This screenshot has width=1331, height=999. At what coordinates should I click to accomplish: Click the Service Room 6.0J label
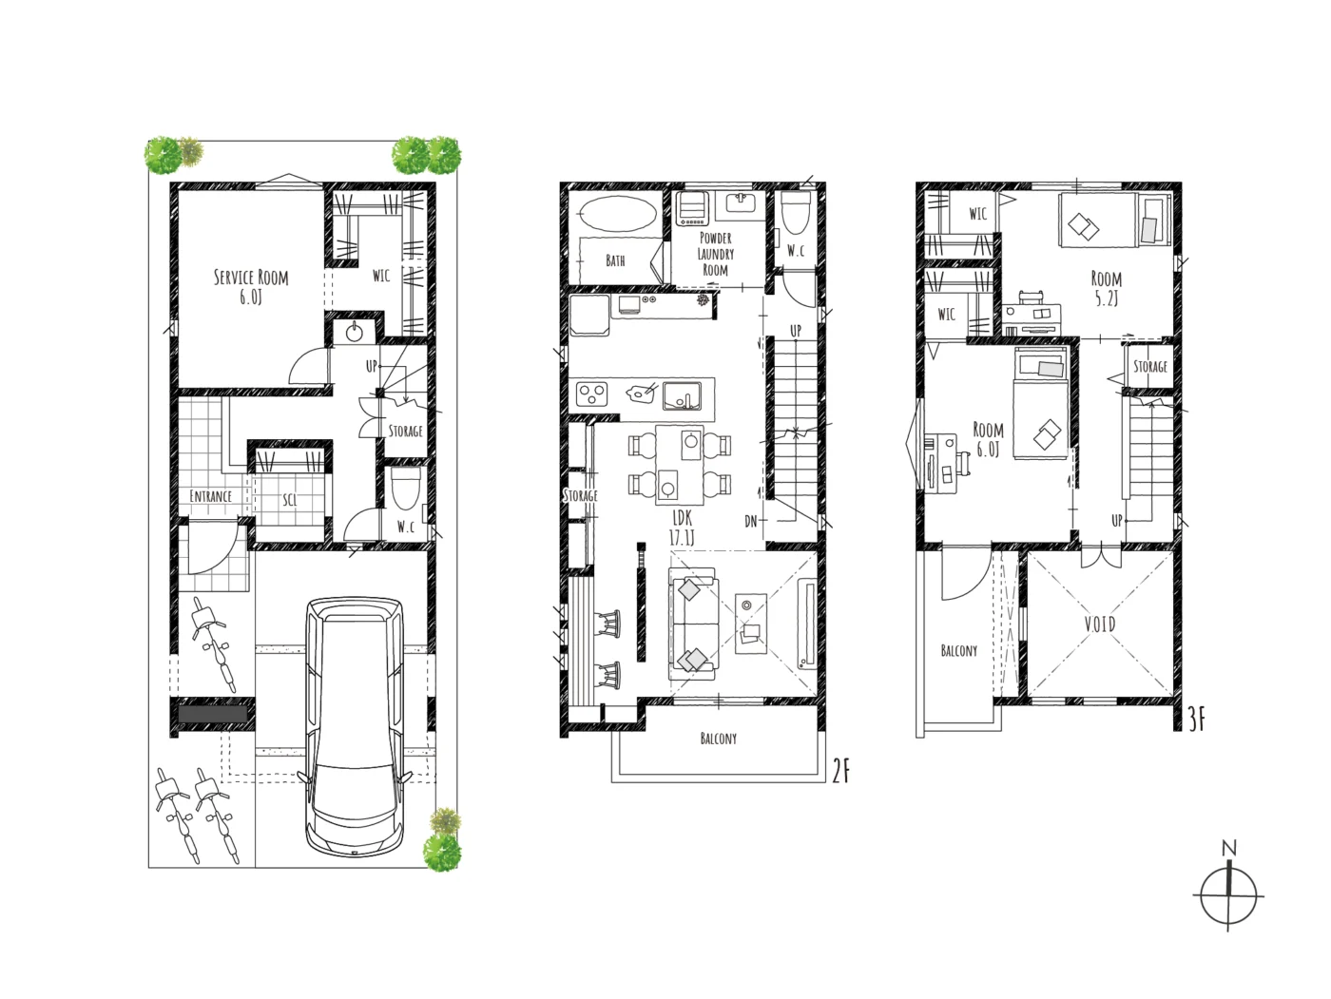click(250, 287)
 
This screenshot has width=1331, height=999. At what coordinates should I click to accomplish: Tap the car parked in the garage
click(354, 727)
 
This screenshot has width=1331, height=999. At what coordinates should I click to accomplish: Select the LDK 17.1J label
click(682, 528)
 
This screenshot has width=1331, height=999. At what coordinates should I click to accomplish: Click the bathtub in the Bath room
click(618, 214)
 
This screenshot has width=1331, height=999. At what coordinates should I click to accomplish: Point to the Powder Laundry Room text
click(716, 254)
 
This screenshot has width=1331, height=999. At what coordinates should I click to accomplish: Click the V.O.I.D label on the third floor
click(1100, 624)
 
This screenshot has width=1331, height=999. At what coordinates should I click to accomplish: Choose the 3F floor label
click(1196, 720)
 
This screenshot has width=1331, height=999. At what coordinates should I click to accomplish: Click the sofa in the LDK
click(694, 624)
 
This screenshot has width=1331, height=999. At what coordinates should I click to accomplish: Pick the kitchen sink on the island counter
click(683, 395)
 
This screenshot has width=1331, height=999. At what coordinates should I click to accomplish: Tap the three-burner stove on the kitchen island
click(591, 394)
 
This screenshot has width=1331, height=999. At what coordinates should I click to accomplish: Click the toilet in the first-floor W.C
click(406, 489)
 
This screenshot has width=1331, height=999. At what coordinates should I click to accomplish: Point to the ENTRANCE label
click(210, 496)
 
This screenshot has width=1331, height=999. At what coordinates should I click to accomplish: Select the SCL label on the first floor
click(290, 500)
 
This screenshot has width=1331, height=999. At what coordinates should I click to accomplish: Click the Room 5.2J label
click(1106, 288)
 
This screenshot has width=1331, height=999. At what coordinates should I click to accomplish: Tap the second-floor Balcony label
click(719, 739)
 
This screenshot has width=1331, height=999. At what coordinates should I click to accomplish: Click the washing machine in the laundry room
click(692, 209)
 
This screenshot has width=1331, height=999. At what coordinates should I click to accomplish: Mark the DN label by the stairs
click(751, 521)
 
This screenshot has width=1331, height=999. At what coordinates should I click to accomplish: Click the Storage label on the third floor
click(1150, 366)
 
